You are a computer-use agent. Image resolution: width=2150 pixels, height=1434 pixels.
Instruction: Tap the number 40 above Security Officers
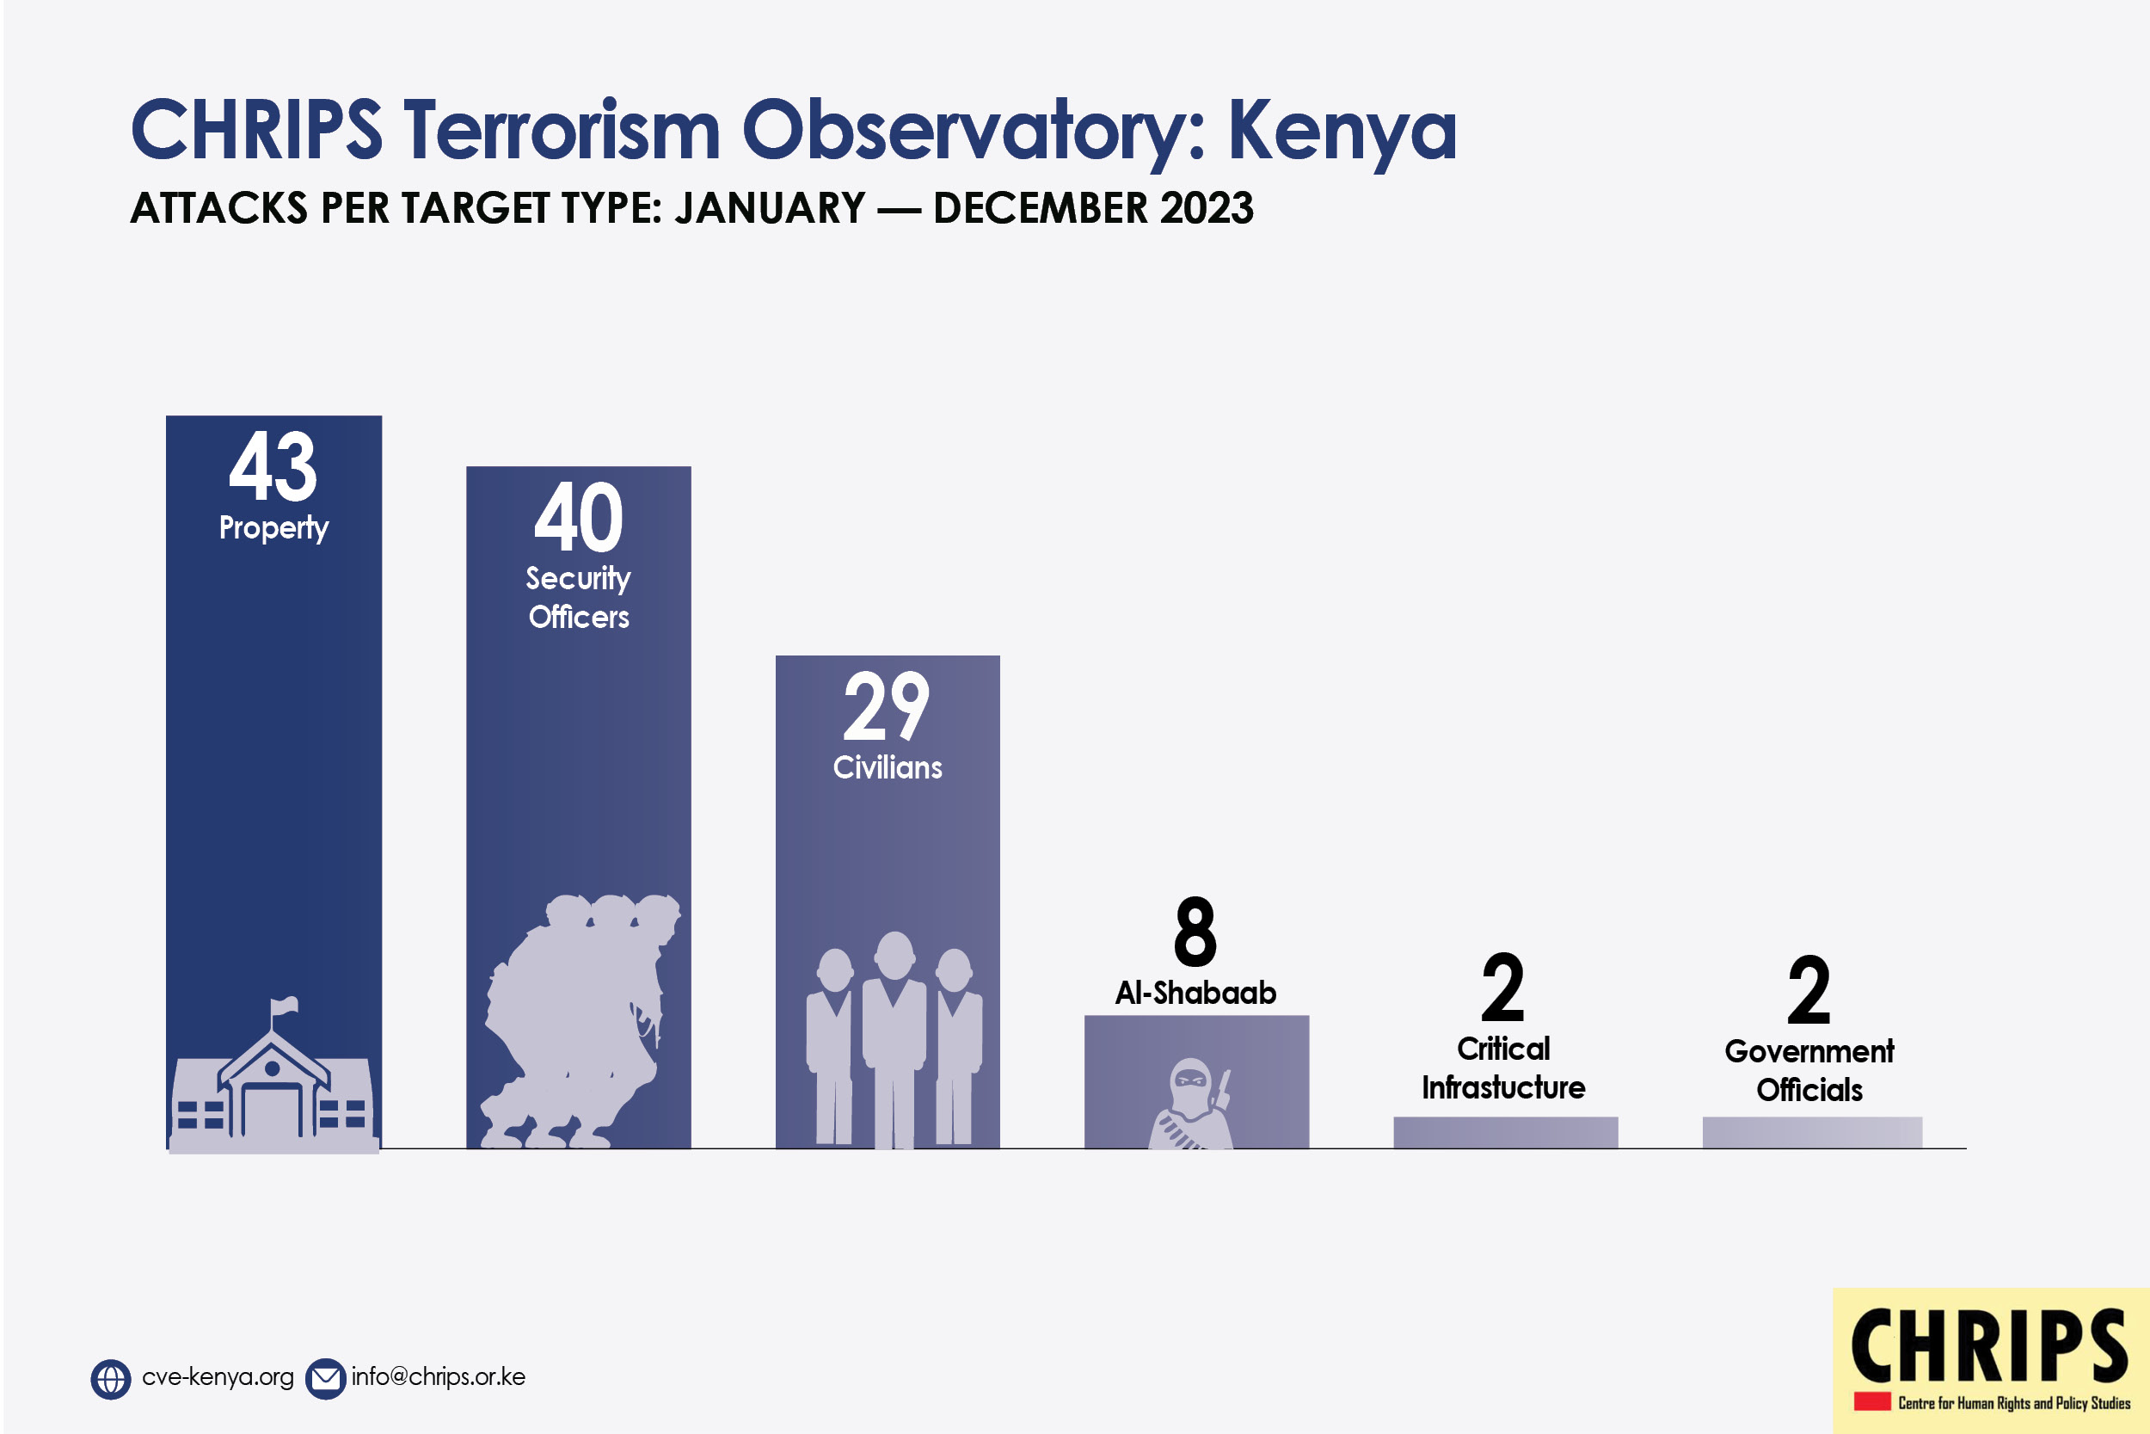(579, 517)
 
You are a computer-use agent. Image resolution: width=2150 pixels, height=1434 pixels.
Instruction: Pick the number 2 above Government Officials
(1809, 989)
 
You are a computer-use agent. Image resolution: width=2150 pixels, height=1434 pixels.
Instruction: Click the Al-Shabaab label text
(1195, 993)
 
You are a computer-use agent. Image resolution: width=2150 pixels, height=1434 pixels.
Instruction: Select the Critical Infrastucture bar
(1506, 1132)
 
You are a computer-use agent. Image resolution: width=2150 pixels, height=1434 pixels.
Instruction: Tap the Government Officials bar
(1812, 1132)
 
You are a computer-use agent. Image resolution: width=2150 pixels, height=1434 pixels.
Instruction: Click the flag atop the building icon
(286, 1005)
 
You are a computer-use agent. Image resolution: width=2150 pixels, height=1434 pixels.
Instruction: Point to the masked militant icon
(1191, 1103)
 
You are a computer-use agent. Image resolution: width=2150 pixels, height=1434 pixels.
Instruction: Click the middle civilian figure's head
(895, 955)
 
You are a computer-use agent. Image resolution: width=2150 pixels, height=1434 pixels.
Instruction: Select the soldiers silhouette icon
(580, 1020)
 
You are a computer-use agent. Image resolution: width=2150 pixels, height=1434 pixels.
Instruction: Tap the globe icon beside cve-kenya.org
(111, 1379)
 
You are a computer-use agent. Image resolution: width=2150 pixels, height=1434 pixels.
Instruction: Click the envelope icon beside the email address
(324, 1379)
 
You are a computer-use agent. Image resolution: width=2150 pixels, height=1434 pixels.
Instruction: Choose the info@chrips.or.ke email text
(439, 1377)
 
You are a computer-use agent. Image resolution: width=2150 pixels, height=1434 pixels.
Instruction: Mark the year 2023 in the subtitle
(1207, 207)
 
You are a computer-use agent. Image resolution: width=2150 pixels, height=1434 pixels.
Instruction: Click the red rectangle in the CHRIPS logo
(1872, 1402)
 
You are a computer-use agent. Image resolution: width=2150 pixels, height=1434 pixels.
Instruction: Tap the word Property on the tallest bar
(273, 527)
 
